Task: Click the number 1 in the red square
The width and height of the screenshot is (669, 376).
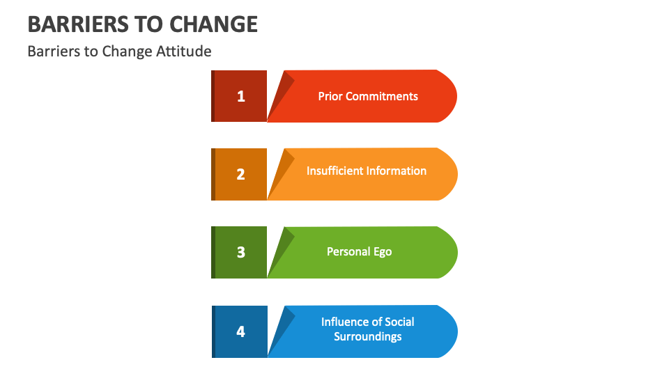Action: click(x=240, y=96)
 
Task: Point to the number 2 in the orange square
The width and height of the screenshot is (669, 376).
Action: click(x=240, y=174)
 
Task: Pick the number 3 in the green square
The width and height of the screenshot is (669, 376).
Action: click(x=240, y=252)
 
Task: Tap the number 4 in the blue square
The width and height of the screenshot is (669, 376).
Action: click(x=240, y=331)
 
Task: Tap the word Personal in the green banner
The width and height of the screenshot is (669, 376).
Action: click(x=349, y=251)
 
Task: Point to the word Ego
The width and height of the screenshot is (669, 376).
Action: click(x=383, y=251)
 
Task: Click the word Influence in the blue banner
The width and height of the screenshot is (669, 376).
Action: click(x=346, y=322)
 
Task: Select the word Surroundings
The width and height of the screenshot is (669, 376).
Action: click(x=367, y=336)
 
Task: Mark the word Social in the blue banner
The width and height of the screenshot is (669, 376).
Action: click(x=399, y=322)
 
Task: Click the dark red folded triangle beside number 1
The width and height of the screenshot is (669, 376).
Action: click(x=279, y=91)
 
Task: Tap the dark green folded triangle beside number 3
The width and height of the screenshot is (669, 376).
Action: click(x=279, y=247)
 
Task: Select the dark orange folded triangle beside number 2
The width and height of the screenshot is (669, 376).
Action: click(x=279, y=169)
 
